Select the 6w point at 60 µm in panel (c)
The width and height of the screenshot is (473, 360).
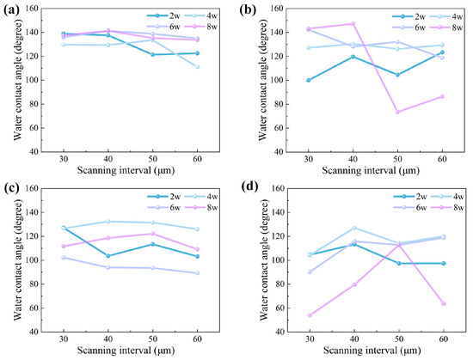click(195, 273)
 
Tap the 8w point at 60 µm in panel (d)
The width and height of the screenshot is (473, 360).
click(442, 303)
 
